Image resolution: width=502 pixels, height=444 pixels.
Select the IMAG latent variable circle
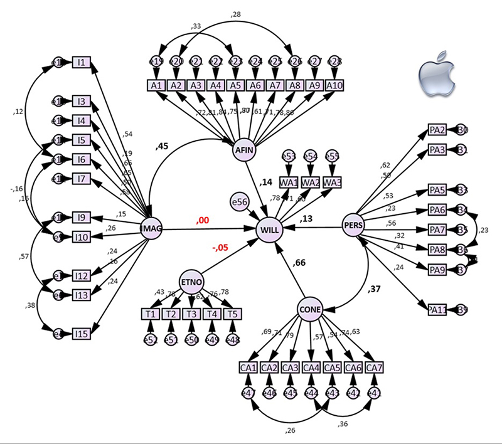pos(151,230)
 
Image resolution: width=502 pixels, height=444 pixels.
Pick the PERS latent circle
pos(353,226)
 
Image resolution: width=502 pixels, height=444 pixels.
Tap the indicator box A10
pos(334,86)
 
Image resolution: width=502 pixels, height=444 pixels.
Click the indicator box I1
pos(82,62)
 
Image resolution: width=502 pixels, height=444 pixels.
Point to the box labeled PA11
pos(437,309)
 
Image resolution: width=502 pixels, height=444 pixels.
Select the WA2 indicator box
pos(310,182)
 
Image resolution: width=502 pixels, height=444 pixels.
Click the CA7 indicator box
pos(374,367)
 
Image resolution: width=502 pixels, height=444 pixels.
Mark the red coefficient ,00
pos(202,220)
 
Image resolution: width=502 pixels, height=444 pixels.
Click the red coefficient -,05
pos(220,248)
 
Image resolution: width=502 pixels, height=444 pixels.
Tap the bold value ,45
pos(163,147)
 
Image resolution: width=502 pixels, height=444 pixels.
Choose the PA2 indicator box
pos(437,130)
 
